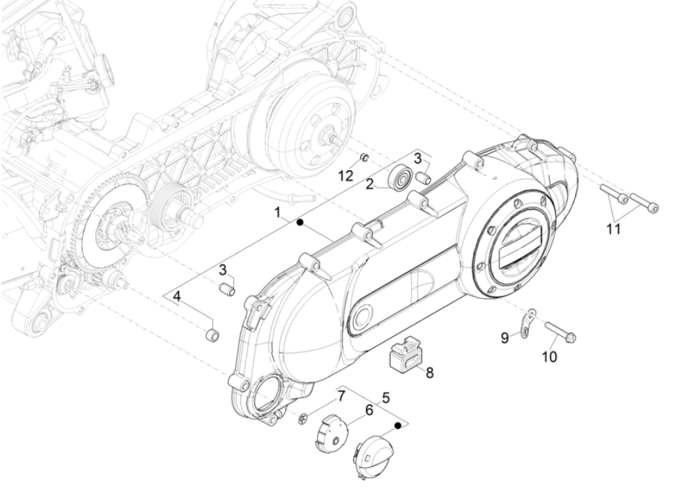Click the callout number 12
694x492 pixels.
point(346,175)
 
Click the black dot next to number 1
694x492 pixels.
point(300,222)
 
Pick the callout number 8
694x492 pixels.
point(430,373)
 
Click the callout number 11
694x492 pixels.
point(613,229)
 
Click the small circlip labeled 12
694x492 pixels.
point(364,157)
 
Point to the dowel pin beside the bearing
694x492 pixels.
point(422,177)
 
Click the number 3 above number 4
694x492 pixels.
point(223,269)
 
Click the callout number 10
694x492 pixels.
point(550,357)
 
